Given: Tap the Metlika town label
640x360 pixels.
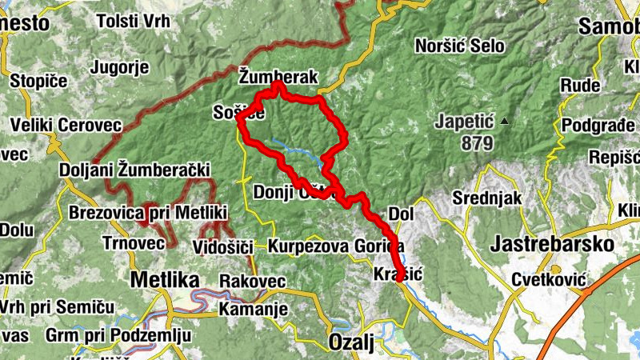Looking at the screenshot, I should [x=164, y=281].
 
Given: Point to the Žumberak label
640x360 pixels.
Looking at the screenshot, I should [x=278, y=77].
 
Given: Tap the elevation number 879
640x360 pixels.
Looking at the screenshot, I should [x=476, y=143].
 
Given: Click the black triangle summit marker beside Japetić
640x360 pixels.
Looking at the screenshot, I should [x=504, y=122].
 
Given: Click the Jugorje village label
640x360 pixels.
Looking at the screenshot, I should [x=121, y=67].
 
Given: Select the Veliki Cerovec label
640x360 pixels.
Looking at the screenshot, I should [x=66, y=126].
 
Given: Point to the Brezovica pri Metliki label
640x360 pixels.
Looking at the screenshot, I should [x=149, y=213].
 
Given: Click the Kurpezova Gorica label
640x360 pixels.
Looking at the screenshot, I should [x=337, y=245].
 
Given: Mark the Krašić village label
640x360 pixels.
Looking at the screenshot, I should [x=398, y=274].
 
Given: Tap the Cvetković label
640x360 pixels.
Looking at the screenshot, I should [x=550, y=280].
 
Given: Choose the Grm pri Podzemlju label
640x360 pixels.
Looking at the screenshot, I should [x=118, y=334].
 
